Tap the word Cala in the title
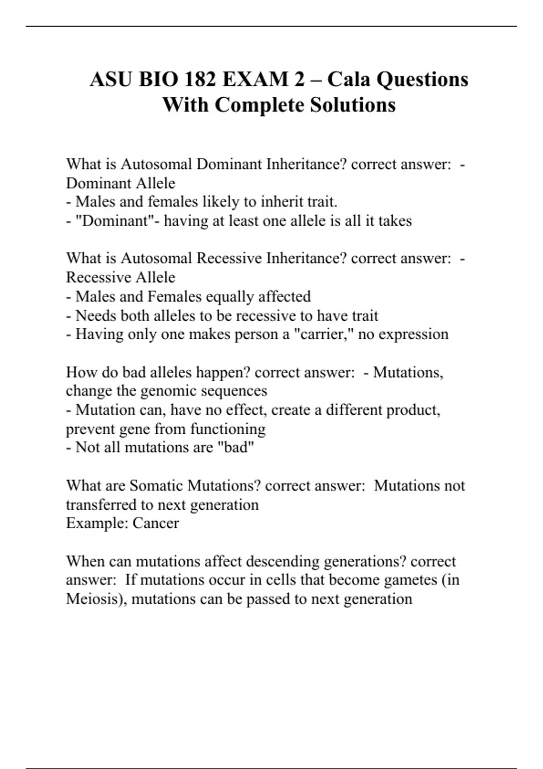pos(348,80)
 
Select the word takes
pos(395,221)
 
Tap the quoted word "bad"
pos(236,447)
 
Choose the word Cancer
pos(156,523)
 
